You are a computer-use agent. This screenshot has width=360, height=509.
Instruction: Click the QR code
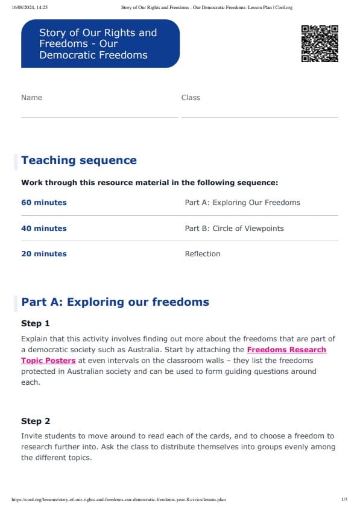(320, 43)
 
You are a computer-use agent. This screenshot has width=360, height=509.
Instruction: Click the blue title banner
(100, 43)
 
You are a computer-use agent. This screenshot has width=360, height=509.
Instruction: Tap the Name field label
(31, 98)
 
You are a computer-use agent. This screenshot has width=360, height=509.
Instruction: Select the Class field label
(191, 98)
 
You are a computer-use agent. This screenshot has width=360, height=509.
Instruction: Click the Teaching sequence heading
(79, 160)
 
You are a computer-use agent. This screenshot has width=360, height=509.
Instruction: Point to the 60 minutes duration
(44, 203)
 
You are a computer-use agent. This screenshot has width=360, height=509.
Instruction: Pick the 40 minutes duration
(44, 229)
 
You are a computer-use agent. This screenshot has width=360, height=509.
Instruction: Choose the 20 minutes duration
(44, 254)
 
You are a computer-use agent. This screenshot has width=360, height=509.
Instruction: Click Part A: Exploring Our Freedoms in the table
(242, 203)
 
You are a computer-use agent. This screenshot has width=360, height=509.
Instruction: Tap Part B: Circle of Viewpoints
(234, 229)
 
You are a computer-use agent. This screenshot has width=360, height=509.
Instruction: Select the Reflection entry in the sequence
(203, 254)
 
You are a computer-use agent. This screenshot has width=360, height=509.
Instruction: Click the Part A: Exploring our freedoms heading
(115, 302)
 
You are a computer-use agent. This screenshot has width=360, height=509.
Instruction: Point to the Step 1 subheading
(36, 324)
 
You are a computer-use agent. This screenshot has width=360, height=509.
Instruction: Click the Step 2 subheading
(36, 421)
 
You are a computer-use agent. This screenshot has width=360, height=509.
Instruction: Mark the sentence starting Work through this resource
(150, 183)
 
